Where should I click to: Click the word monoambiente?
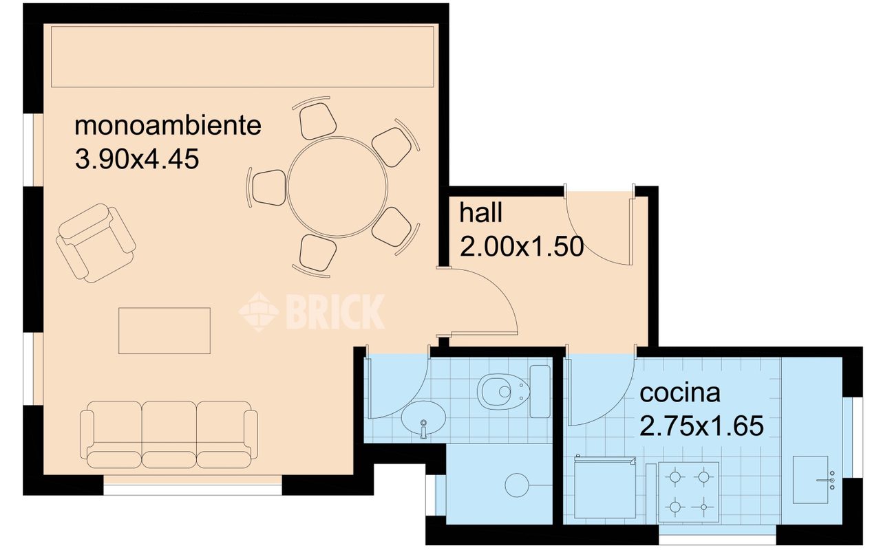(168, 126)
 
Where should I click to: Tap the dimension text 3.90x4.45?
(137, 159)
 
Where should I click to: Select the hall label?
(480, 212)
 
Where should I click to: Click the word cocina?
(680, 393)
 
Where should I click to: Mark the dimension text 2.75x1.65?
(701, 426)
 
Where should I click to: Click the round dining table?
(337, 187)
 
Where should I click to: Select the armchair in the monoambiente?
(96, 243)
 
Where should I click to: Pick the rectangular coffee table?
(164, 331)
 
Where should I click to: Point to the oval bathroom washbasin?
(423, 418)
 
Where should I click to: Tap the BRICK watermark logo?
(311, 312)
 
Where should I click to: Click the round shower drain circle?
(517, 485)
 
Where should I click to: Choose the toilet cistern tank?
(540, 392)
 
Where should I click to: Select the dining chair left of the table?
(268, 188)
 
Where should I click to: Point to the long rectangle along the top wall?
(242, 56)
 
